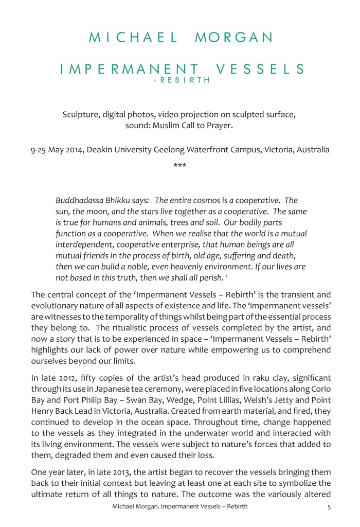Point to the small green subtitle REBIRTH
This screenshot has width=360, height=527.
(x=185, y=81)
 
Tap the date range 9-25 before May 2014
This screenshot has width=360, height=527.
(x=41, y=150)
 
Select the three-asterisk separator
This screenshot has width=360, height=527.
(x=179, y=166)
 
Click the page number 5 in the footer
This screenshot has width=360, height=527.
(x=329, y=507)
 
